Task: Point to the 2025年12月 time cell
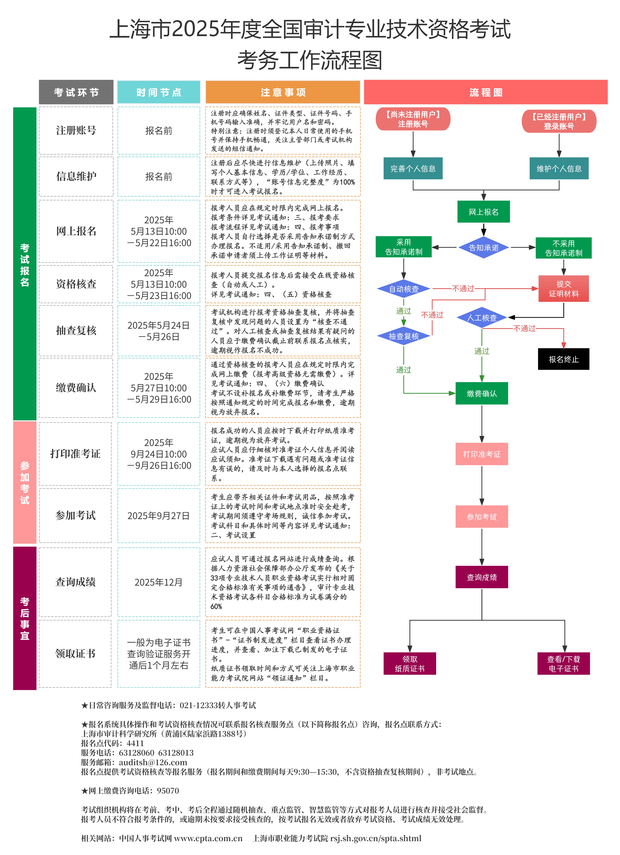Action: [158, 582]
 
